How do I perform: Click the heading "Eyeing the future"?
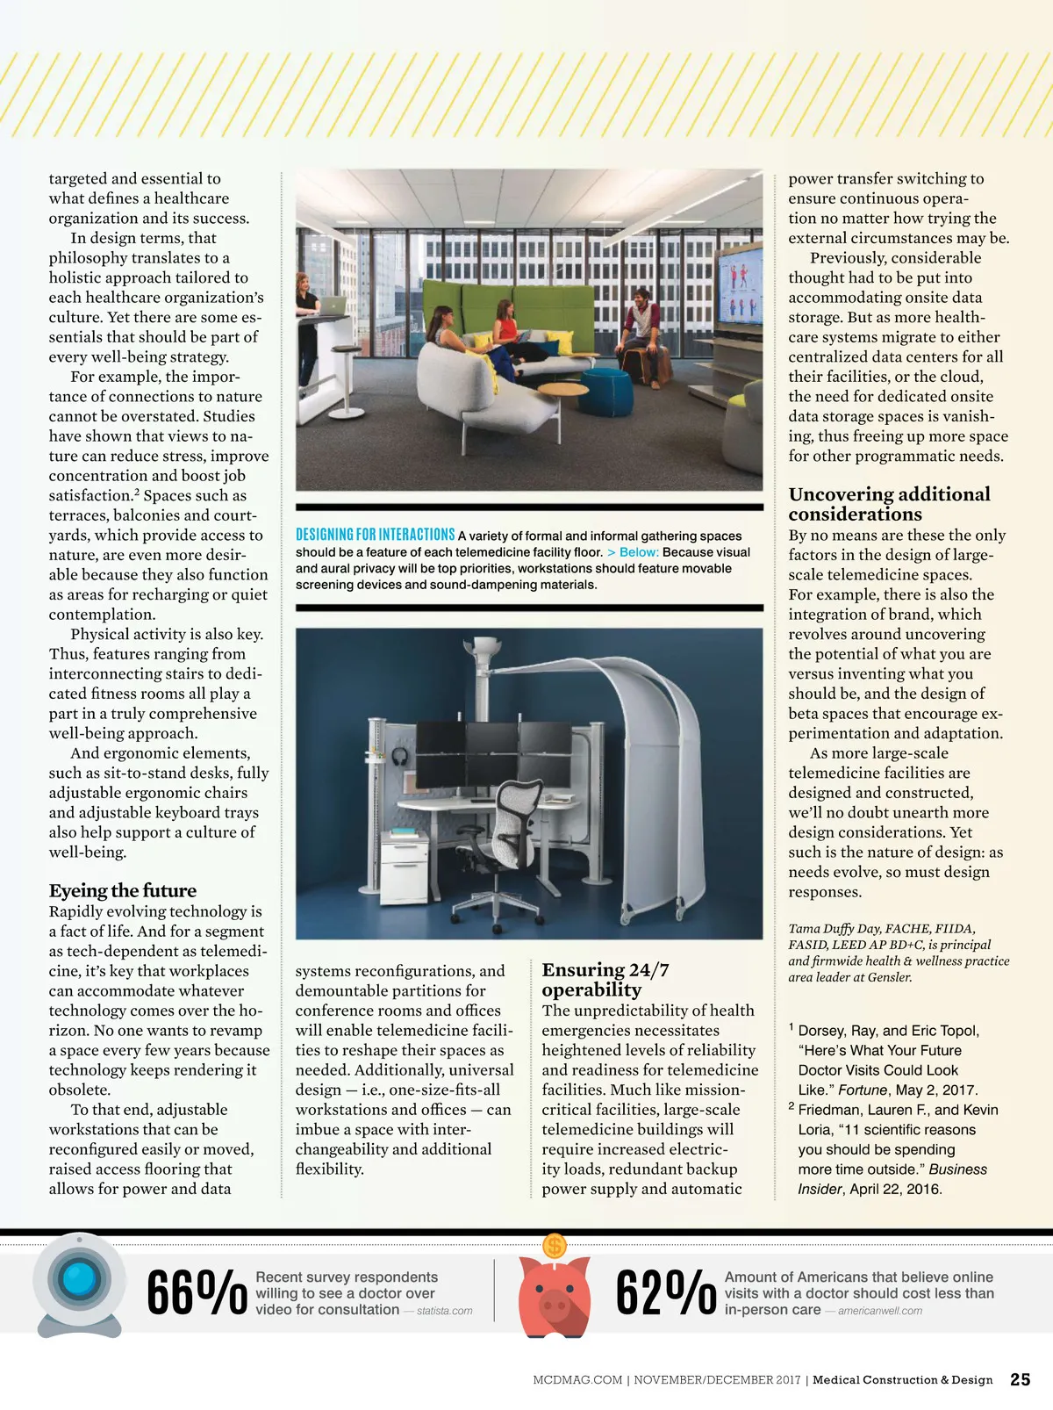123,890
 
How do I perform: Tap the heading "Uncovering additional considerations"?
888,504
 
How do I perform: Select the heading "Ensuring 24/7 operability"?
605,980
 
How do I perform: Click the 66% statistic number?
196,1292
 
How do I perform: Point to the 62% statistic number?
665,1292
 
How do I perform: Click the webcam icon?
79,1284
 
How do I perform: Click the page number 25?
1021,1379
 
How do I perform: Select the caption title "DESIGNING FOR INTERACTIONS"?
375,535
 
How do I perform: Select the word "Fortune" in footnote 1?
863,1090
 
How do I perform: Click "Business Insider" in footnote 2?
892,1179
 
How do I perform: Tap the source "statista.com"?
444,1311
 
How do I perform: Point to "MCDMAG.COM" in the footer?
577,1380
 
